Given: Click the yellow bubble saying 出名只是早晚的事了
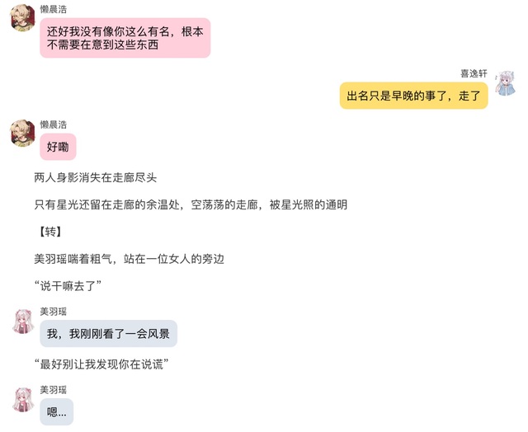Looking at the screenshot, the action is (413, 96).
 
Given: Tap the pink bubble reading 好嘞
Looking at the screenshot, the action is (58, 147).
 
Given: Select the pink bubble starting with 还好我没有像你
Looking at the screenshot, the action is (125, 38).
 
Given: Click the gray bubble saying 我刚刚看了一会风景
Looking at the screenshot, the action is (108, 333).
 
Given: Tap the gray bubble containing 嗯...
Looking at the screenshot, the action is (57, 412).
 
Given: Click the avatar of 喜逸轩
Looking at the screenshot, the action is (505, 83).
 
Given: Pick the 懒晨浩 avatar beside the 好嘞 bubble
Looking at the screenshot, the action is (23, 134).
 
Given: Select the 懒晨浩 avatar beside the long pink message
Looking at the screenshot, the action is (23, 18).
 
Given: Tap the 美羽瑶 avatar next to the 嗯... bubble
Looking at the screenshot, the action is (23, 399).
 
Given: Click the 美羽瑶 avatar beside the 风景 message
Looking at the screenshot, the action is (23, 322).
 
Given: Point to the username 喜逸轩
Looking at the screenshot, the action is (474, 73).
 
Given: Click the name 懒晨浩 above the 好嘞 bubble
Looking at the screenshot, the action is (53, 124).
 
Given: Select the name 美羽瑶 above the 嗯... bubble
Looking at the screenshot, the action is (53, 390).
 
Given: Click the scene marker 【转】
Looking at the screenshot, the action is (49, 232).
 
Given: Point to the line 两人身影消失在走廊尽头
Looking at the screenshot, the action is (96, 177).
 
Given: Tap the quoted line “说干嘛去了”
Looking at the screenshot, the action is (68, 286).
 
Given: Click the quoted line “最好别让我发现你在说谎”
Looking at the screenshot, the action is (101, 364).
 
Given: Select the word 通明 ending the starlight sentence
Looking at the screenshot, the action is (336, 204).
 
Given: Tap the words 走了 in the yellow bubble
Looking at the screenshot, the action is (469, 96).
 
